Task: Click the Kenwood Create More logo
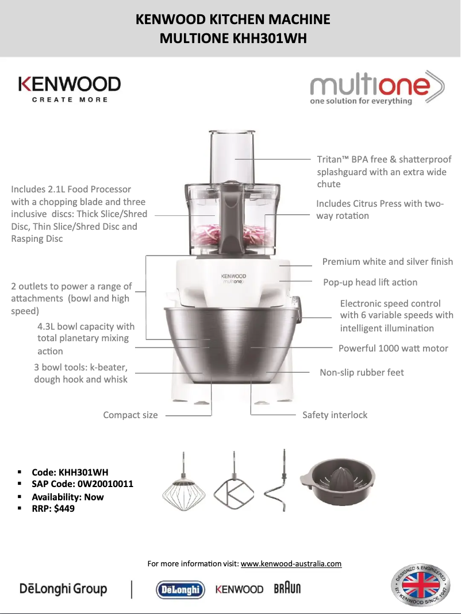[70, 89]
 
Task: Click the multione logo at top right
[377, 88]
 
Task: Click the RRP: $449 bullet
[53, 508]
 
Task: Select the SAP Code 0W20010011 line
[82, 484]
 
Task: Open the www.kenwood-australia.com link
[291, 563]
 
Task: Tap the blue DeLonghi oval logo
[180, 589]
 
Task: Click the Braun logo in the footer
[287, 589]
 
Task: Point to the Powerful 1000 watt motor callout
[393, 348]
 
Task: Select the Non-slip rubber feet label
[362, 372]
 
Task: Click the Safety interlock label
[335, 415]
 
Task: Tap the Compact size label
[130, 415]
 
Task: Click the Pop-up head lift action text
[370, 282]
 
